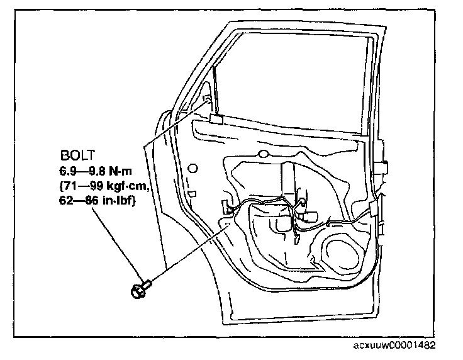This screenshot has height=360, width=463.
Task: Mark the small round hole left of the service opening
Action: tap(192, 167)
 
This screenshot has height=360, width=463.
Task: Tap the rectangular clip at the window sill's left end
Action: tap(216, 119)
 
